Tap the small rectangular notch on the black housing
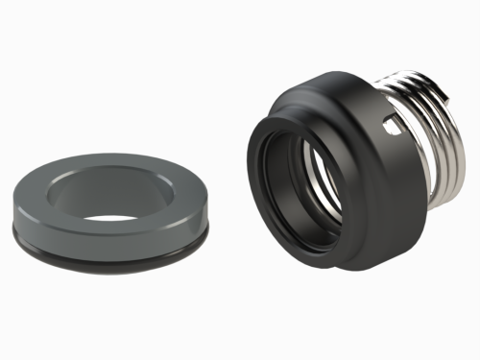pyautogui.click(x=388, y=123)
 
